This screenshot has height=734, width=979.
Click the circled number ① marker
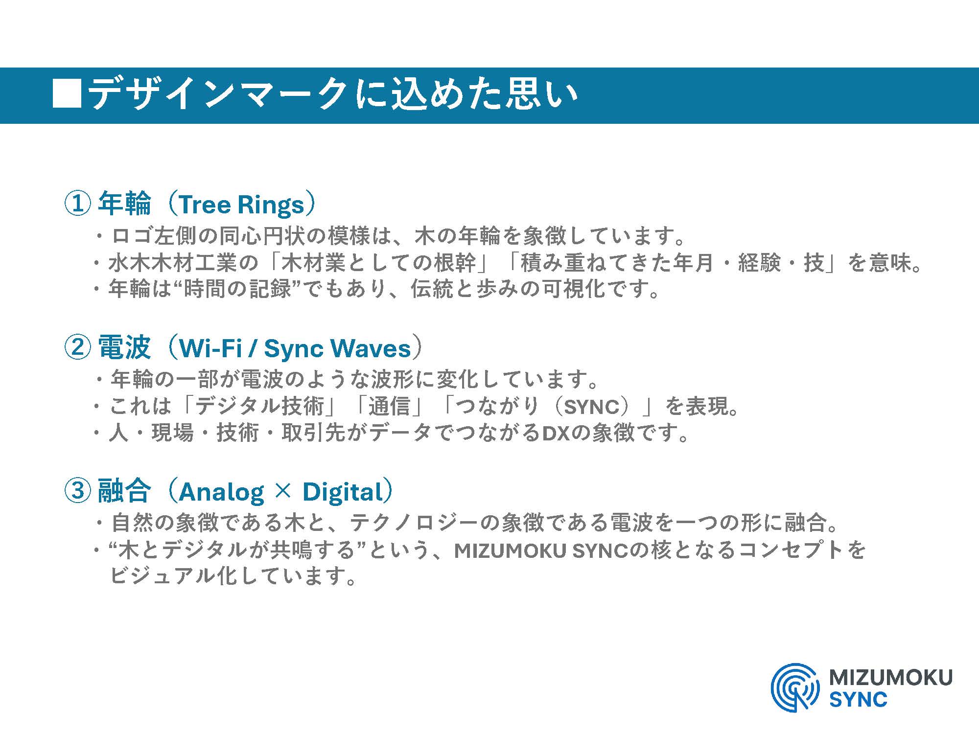click(x=77, y=204)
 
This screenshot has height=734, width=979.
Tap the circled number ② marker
click(x=77, y=347)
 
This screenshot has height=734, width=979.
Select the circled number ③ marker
click(x=77, y=491)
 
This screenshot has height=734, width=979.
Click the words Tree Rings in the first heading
click(x=241, y=205)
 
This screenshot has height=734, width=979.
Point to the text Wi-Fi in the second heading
click(x=210, y=348)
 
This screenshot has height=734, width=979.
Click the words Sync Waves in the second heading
click(x=337, y=349)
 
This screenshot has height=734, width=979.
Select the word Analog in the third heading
click(x=221, y=492)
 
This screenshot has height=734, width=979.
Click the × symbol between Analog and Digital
click(x=283, y=492)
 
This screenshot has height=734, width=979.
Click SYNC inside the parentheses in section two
click(x=592, y=407)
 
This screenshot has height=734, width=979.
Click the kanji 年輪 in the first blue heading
click(x=124, y=204)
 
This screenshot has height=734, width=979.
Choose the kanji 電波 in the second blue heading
click(x=124, y=347)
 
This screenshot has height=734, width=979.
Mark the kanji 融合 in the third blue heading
click(x=124, y=491)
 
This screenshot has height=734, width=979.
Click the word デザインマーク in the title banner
click(x=218, y=93)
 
